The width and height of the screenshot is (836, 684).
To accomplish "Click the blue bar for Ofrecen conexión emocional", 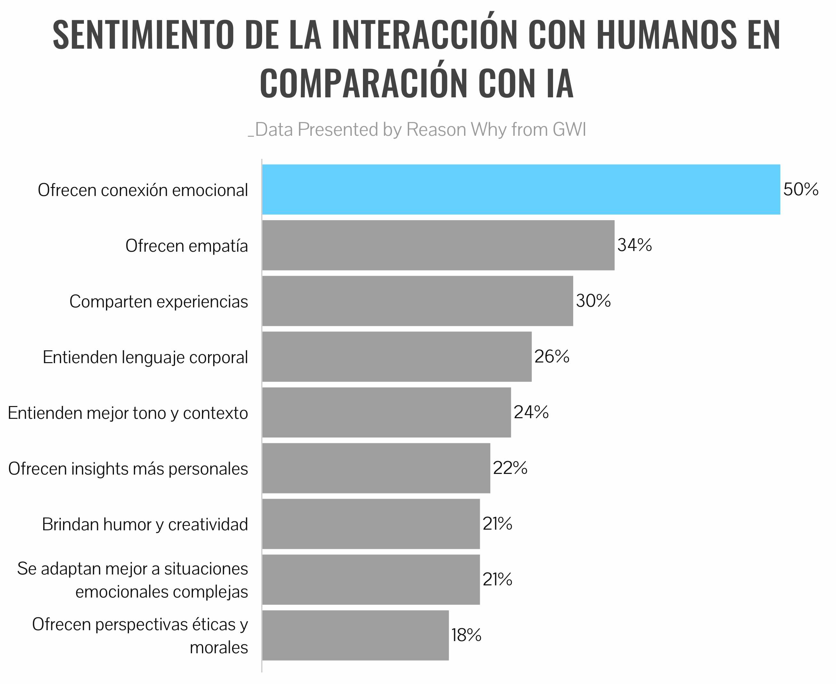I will click(521, 190).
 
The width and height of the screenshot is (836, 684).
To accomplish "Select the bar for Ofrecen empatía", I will click(438, 245).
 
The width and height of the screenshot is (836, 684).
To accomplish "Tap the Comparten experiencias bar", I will click(417, 301).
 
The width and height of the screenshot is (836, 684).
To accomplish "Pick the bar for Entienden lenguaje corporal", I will click(397, 357).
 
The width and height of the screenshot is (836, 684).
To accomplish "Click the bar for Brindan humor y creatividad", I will click(371, 524).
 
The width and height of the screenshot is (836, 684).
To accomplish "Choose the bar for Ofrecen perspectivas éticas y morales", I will click(355, 635).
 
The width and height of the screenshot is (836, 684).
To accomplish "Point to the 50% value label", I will click(800, 190).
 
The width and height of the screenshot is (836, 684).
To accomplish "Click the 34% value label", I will click(634, 245).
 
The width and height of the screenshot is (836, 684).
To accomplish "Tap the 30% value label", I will click(593, 301).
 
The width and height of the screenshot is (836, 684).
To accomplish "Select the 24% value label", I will click(531, 412).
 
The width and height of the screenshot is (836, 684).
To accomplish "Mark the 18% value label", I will click(466, 635).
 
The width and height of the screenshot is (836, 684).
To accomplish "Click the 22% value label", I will click(510, 468).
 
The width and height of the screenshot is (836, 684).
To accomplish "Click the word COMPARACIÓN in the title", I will click(363, 83).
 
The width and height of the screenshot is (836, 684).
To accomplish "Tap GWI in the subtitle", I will click(569, 129).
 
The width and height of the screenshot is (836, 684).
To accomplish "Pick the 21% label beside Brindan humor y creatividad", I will click(497, 524).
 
